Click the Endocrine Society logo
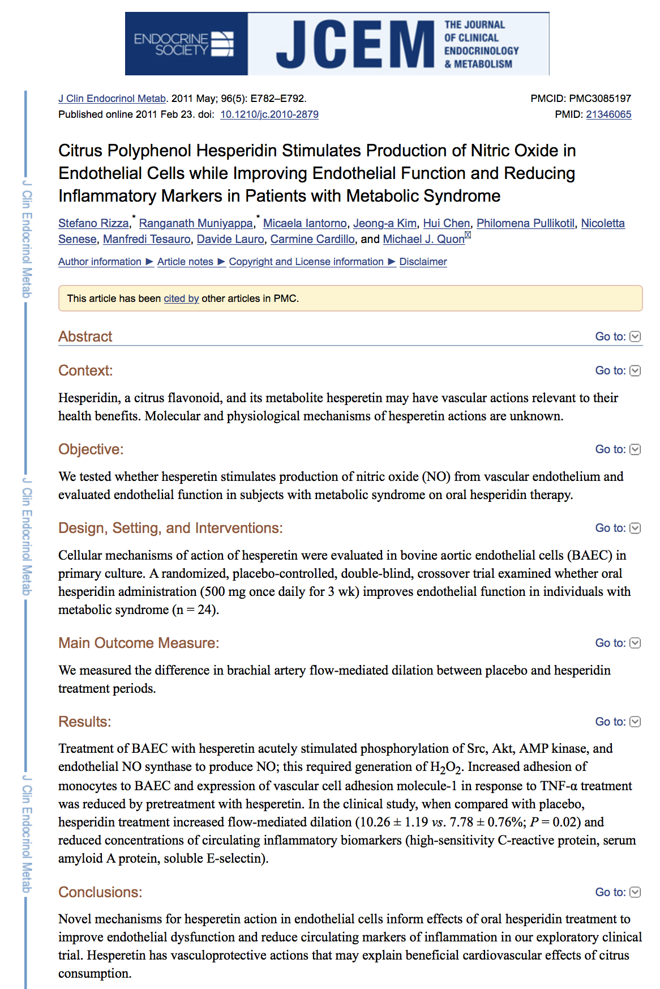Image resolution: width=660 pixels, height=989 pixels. [x=185, y=44]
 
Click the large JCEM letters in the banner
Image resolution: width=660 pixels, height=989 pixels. [x=355, y=44]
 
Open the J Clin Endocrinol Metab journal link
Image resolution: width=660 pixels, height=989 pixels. [x=112, y=99]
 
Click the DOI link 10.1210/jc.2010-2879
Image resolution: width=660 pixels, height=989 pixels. [x=269, y=114]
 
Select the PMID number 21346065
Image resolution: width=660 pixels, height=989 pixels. [x=608, y=114]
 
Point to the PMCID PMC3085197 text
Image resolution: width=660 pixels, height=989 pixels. [x=581, y=99]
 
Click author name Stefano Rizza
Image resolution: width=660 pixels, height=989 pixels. [x=93, y=223]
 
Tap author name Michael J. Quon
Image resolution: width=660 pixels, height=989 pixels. [x=423, y=239]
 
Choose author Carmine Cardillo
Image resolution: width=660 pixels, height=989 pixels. [x=312, y=239]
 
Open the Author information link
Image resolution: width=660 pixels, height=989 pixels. [x=100, y=262]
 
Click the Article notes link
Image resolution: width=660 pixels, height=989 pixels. [x=185, y=262]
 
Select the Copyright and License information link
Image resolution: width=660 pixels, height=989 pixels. [x=306, y=262]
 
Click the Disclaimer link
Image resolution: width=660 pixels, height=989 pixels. [x=423, y=262]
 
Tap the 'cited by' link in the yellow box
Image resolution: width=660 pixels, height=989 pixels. [x=181, y=299]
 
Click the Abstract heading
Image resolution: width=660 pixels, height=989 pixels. [x=85, y=336]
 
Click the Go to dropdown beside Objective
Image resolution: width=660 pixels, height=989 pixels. [x=618, y=449]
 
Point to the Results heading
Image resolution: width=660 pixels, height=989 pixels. [x=85, y=722]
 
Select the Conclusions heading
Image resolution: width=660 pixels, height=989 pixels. [x=100, y=892]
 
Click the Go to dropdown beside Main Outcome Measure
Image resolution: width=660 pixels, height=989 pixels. [x=618, y=643]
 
